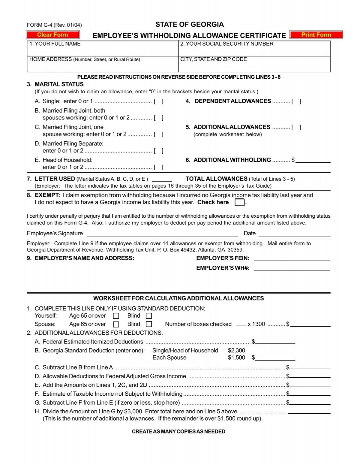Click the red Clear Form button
click(53, 35)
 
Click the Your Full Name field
click(103, 50)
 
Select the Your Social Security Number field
click(254, 50)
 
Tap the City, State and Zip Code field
click(254, 66)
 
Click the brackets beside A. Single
click(158, 101)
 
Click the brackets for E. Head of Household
click(158, 167)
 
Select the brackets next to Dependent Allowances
click(296, 101)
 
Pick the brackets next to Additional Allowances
click(296, 127)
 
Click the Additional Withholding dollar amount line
click(313, 160)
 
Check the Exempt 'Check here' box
click(239, 203)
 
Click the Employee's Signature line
click(162, 234)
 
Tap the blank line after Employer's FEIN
click(292, 258)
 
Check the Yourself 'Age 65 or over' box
click(116, 316)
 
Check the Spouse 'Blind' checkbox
click(149, 324)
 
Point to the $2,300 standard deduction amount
click(236, 350)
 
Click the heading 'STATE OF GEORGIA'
click(189, 24)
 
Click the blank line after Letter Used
click(162, 179)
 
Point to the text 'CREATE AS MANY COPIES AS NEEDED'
click(178, 431)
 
